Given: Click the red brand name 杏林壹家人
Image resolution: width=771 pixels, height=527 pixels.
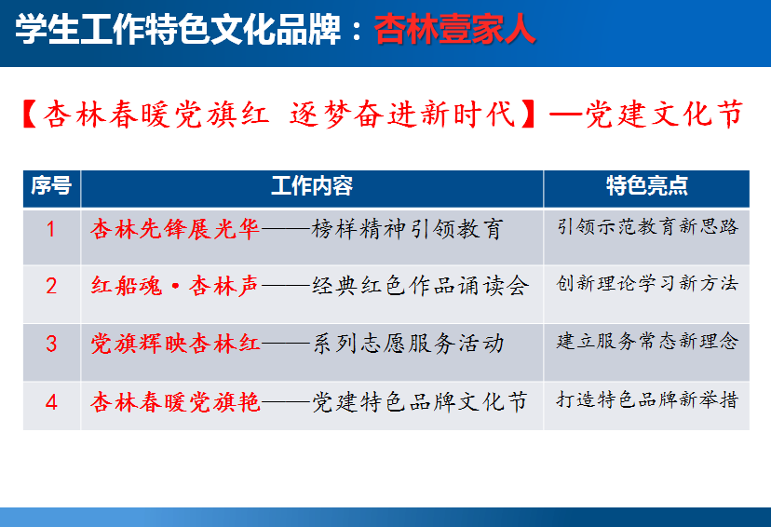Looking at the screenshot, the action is (x=454, y=30).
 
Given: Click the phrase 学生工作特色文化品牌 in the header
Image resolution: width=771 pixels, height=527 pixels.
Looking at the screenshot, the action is (x=178, y=30).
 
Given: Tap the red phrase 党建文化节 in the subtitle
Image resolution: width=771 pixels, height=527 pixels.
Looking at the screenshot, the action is (x=664, y=115).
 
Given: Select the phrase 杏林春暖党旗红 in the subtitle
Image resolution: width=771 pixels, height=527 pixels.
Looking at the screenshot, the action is (x=156, y=115).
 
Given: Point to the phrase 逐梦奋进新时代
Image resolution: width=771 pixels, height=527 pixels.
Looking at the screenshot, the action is (x=402, y=115).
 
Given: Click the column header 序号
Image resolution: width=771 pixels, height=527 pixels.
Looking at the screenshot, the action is (x=51, y=185).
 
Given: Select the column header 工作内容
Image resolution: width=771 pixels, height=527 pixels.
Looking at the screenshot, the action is (x=312, y=186).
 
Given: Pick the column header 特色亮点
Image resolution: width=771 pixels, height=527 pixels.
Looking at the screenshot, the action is (x=646, y=186).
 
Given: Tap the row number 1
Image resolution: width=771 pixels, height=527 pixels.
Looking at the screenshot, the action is (x=50, y=229).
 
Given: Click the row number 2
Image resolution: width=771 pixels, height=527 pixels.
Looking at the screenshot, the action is (x=51, y=286).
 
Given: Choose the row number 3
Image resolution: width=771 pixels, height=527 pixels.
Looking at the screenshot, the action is (x=51, y=344).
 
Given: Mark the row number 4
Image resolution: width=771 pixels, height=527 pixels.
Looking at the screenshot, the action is (x=51, y=402).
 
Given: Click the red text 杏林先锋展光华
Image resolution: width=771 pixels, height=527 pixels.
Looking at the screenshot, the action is (x=175, y=229).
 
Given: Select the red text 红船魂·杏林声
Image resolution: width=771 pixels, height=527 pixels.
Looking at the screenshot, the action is (x=175, y=286).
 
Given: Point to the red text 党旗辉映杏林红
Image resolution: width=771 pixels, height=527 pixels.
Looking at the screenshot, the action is (x=175, y=344).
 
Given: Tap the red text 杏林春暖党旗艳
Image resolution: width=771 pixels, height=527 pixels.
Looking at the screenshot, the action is (x=175, y=402).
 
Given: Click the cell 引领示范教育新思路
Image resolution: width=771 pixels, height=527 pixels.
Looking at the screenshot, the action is (x=647, y=226).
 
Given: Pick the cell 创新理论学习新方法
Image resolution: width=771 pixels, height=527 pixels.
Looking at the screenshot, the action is (x=647, y=283).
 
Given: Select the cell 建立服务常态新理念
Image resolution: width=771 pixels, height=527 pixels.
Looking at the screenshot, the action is (x=647, y=341).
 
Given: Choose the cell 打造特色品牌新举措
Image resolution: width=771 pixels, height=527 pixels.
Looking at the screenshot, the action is (x=647, y=399).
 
